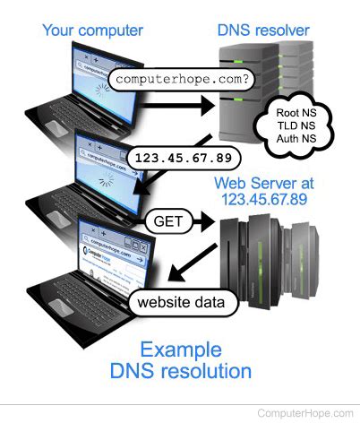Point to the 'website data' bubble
184,302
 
